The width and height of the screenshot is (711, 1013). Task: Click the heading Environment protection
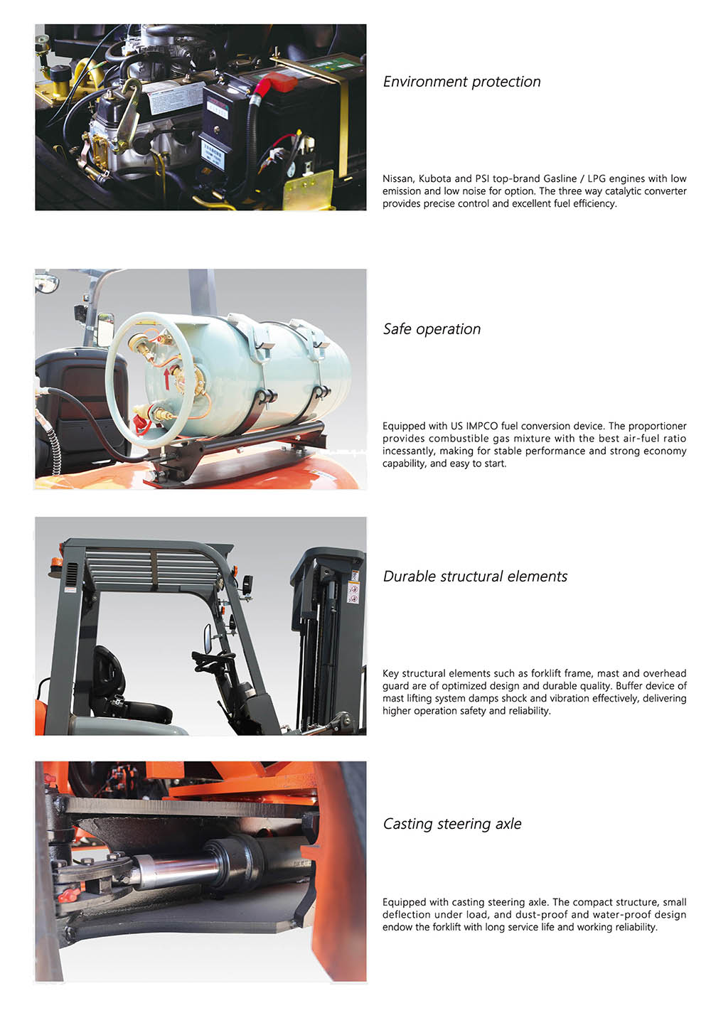461,82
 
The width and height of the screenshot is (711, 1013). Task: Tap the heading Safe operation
432,328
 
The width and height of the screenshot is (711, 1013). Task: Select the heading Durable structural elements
475,576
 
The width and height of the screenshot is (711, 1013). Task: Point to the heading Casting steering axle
451,823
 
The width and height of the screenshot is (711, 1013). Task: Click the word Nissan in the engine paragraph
398,178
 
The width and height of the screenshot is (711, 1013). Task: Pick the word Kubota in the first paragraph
434,178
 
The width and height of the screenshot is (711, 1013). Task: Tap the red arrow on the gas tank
167,378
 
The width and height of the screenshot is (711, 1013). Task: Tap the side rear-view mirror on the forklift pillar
208,638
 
